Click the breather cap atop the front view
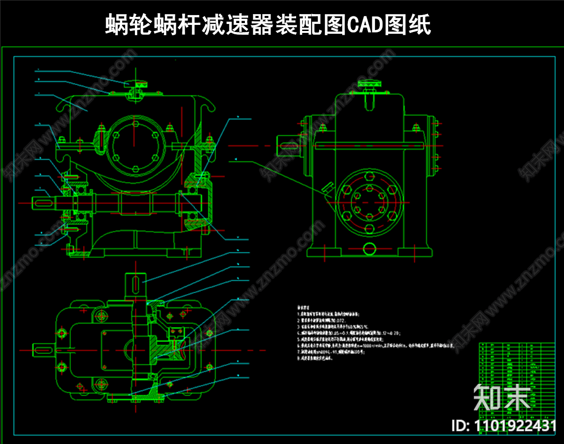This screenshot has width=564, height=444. pyautogui.click(x=135, y=85)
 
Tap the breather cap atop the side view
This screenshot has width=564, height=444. pyautogui.click(x=369, y=84)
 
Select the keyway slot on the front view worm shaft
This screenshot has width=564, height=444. pyautogui.click(x=43, y=203)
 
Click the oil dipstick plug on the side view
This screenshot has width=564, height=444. pyautogui.click(x=327, y=189)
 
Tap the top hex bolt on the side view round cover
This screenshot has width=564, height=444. pyautogui.click(x=369, y=178)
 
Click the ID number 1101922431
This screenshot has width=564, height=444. pyautogui.click(x=504, y=426)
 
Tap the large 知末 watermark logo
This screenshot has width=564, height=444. pyautogui.click(x=501, y=397)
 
